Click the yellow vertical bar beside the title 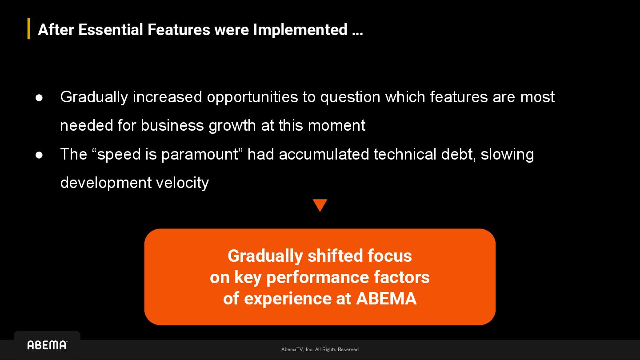click(x=29, y=28)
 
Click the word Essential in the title click(x=111, y=30)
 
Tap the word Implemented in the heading click(x=300, y=30)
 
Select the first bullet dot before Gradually click(x=39, y=98)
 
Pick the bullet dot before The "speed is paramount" click(x=39, y=155)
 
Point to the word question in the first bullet click(x=350, y=97)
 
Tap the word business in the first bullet click(x=172, y=125)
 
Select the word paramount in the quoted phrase click(x=200, y=155)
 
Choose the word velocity click(x=182, y=183)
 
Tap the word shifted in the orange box click(x=335, y=256)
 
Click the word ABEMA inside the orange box click(x=386, y=299)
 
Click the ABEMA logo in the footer click(x=48, y=345)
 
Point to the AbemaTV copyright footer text click(x=320, y=349)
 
